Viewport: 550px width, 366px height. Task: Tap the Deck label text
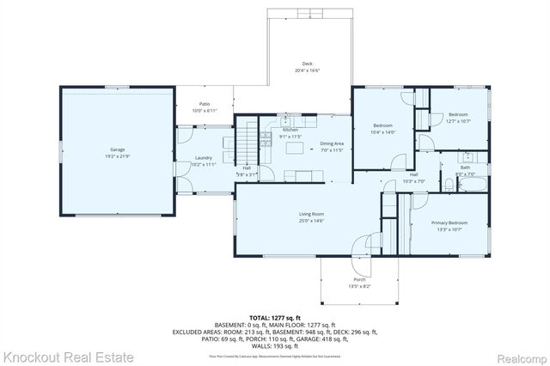click(x=307, y=64)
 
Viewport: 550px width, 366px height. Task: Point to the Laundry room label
click(x=203, y=158)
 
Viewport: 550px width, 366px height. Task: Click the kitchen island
click(x=296, y=149)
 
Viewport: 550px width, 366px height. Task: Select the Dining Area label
click(x=332, y=144)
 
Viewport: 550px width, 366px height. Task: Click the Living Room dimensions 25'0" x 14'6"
click(x=287, y=222)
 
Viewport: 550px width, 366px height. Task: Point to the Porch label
click(x=358, y=280)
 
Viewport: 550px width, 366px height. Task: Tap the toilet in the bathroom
click(x=449, y=184)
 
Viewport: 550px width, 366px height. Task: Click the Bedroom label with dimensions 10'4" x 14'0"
click(x=382, y=125)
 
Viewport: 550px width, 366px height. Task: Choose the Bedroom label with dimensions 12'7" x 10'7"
click(x=457, y=115)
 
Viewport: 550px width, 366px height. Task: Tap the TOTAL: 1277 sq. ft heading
click(x=275, y=317)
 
